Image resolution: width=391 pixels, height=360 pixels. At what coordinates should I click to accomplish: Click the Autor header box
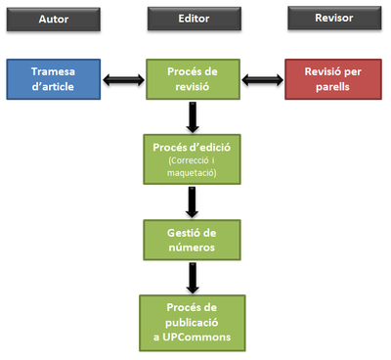55,19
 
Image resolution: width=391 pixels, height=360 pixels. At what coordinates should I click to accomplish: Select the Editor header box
194,19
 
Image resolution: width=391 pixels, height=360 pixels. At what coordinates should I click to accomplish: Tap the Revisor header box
332,19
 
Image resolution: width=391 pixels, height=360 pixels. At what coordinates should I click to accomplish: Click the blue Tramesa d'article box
55,78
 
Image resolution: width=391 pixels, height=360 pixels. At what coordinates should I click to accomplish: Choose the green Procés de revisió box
193,78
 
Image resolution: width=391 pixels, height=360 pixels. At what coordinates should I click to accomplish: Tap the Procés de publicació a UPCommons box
192,322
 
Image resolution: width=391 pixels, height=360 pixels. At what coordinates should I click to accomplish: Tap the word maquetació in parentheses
192,173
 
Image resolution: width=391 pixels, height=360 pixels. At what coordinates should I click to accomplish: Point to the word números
192,245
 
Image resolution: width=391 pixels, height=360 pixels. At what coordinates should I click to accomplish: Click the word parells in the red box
331,85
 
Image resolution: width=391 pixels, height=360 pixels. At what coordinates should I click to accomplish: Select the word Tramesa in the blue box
55,71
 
